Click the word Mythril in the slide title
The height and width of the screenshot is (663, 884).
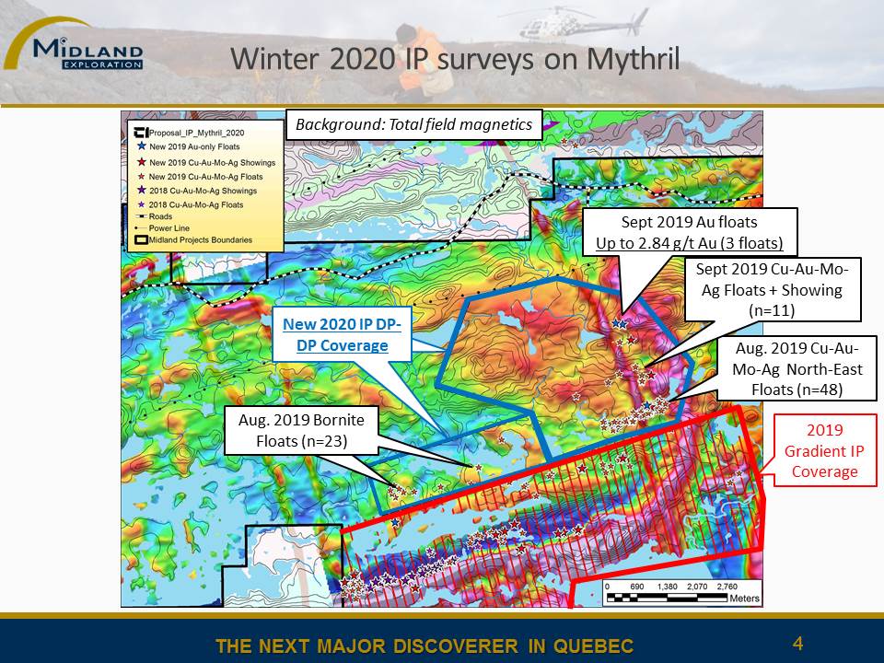coord(633,60)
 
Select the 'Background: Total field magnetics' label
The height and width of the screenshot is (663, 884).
coord(413,124)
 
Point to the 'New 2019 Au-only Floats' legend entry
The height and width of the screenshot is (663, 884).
coord(189,146)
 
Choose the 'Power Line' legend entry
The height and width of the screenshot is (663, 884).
coord(163,228)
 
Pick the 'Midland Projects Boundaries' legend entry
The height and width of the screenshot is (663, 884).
coord(194,240)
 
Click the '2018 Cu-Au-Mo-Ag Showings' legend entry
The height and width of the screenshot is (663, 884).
coord(197,191)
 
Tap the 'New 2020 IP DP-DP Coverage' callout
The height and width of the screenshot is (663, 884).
coord(342,334)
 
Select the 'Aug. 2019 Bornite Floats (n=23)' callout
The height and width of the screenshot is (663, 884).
coord(301,430)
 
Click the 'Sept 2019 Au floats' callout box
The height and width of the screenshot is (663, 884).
coord(690,232)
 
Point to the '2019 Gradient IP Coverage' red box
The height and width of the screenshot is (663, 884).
coord(825,450)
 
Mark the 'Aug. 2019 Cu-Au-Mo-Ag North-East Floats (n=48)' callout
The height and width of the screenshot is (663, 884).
coord(797,368)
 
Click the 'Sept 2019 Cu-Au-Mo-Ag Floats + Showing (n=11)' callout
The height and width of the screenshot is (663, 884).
coord(772,290)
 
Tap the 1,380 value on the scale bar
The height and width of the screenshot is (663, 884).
coord(667,587)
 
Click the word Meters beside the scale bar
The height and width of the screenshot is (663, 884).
coord(745,599)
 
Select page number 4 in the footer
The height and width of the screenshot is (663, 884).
coord(797,644)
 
